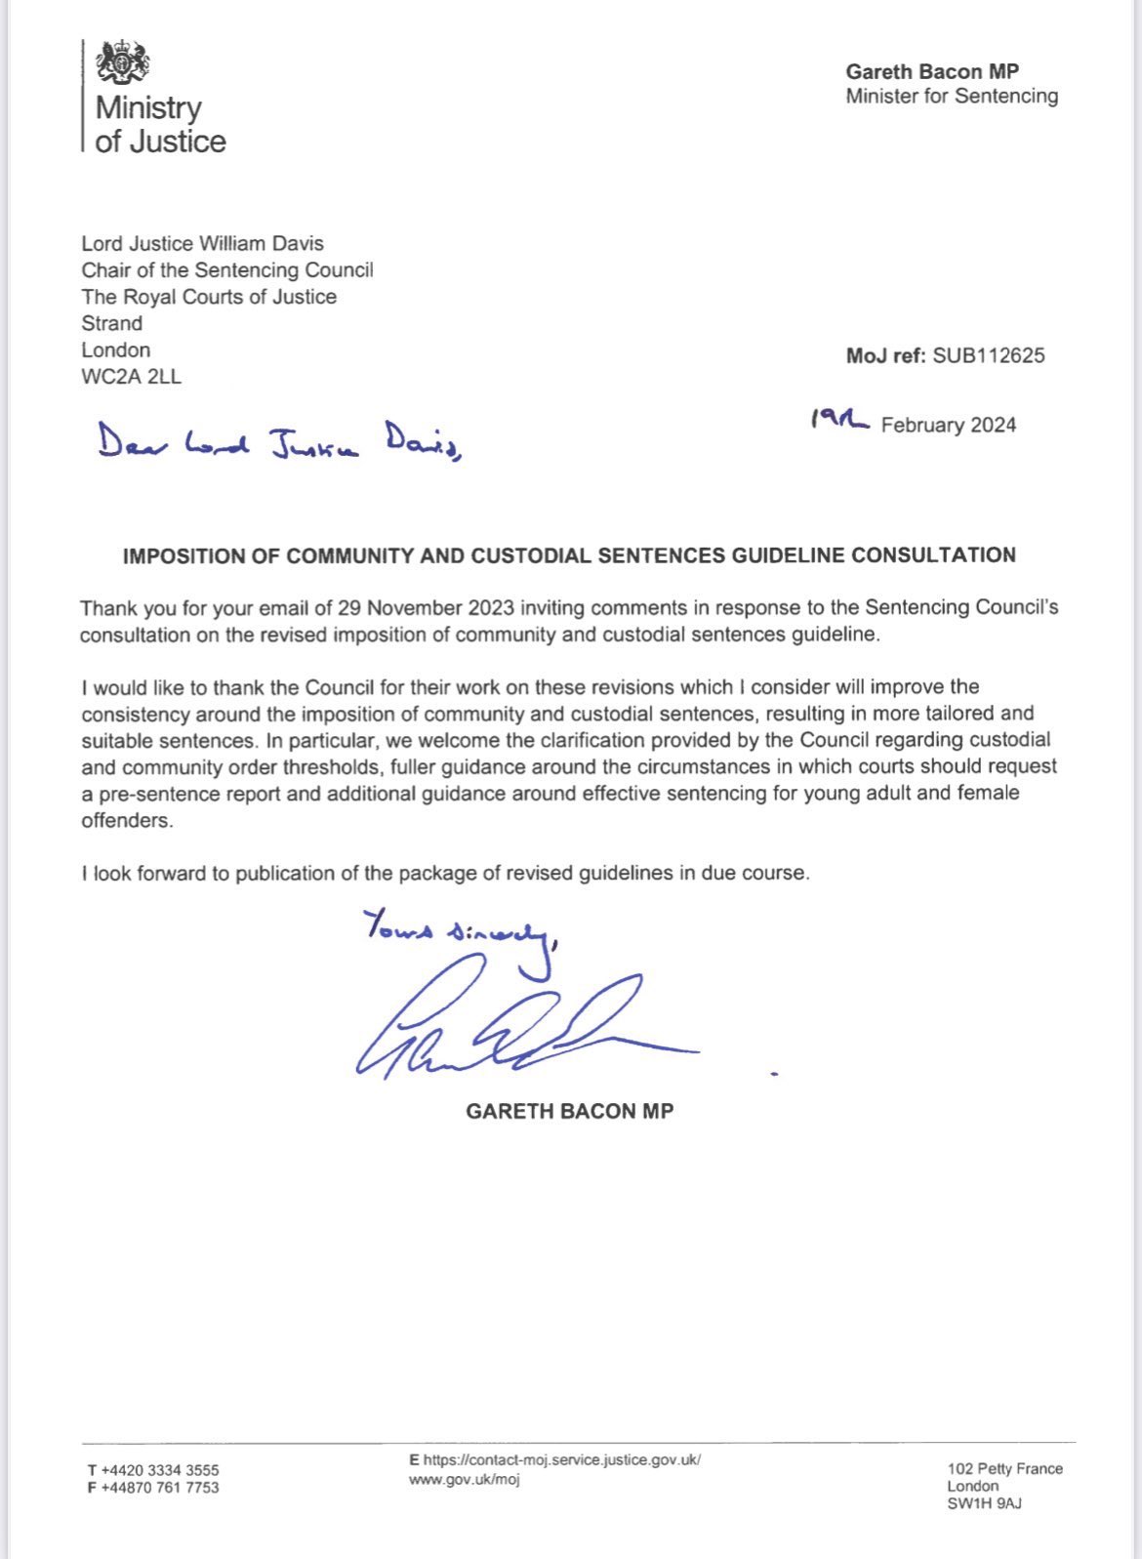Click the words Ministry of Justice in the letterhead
coord(160,124)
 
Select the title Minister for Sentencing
coord(952,96)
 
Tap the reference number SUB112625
coord(988,355)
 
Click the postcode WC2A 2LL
coord(131,376)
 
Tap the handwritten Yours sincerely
coord(459,928)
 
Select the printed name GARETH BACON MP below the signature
coord(569,1111)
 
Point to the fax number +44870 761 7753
coord(160,1487)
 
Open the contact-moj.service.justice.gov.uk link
coord(561,1460)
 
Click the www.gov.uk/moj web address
coord(464,1479)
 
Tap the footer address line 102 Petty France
coord(1004,1468)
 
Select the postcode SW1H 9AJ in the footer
coord(984,1503)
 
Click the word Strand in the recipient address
coord(111,323)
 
